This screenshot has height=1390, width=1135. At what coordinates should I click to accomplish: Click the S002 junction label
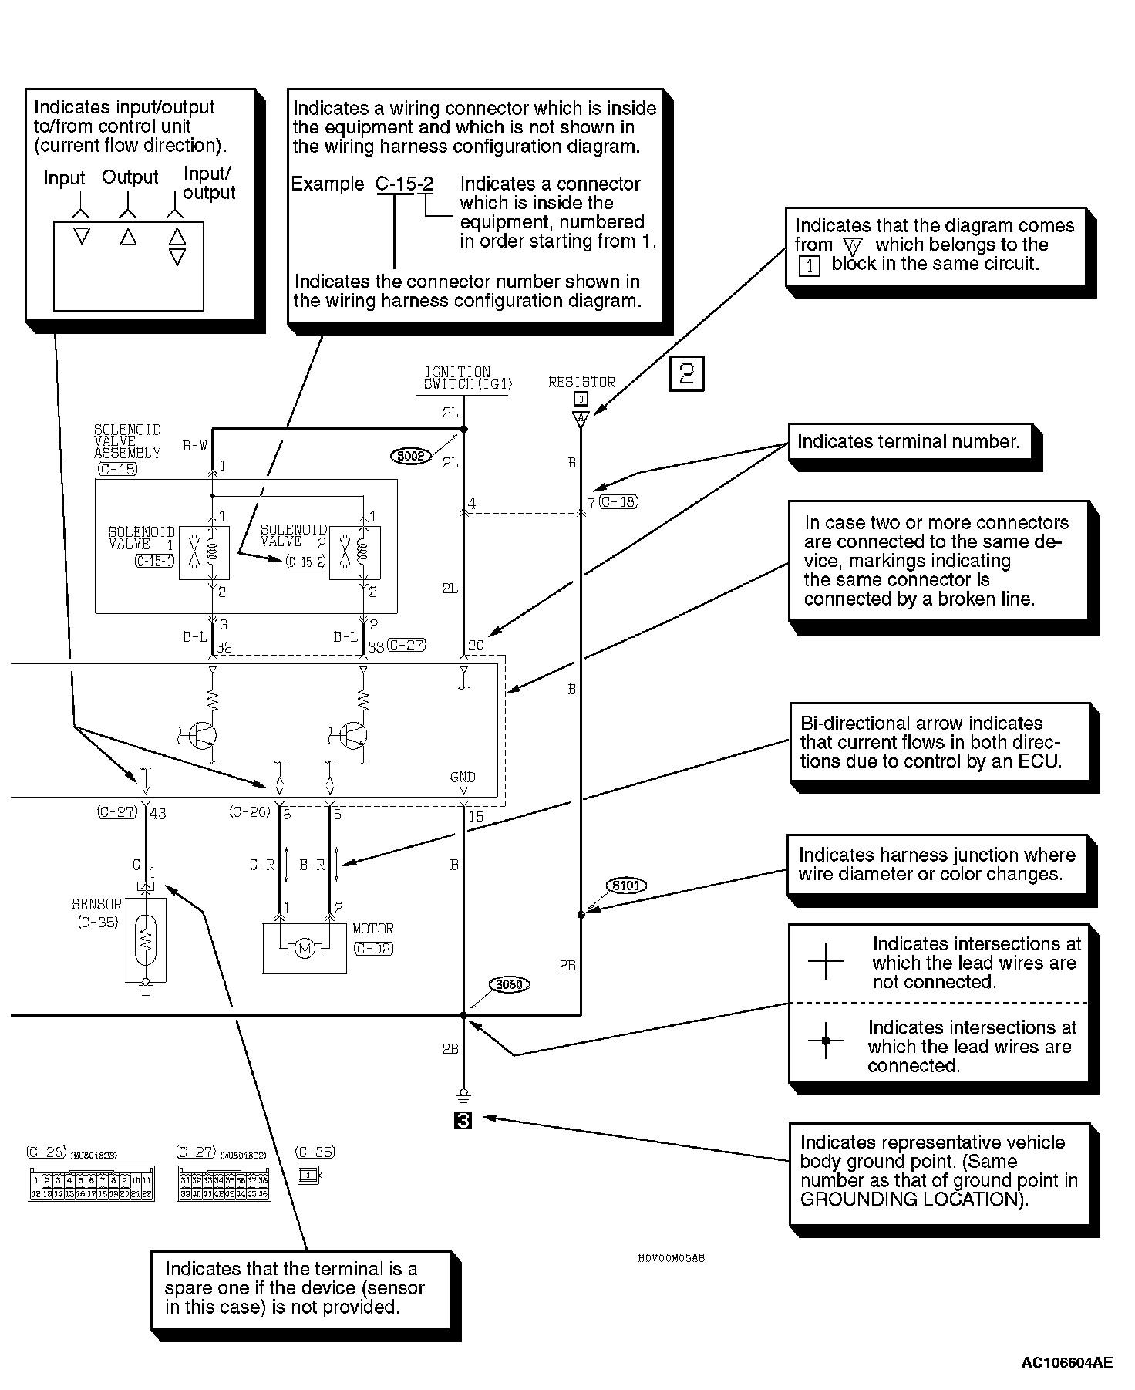pyautogui.click(x=410, y=456)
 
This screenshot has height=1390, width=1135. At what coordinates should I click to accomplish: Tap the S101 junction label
pyautogui.click(x=625, y=886)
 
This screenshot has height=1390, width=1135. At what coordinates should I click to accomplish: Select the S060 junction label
pyautogui.click(x=510, y=984)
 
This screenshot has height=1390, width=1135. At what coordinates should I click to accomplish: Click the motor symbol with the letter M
pyautogui.click(x=305, y=948)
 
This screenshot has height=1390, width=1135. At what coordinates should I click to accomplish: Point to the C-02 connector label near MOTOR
pyautogui.click(x=373, y=948)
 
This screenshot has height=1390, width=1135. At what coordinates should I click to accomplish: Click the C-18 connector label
pyautogui.click(x=618, y=502)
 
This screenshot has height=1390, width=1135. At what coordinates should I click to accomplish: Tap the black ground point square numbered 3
pyautogui.click(x=463, y=1120)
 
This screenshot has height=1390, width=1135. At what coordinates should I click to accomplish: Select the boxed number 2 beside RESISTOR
pyautogui.click(x=686, y=375)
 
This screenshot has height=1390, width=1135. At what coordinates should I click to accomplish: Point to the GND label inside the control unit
pyautogui.click(x=463, y=777)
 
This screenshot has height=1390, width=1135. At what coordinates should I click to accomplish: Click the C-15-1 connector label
pyautogui.click(x=154, y=562)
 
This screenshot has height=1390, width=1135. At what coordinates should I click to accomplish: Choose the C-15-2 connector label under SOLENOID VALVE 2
pyautogui.click(x=305, y=562)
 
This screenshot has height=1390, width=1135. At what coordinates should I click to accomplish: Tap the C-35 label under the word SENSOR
pyautogui.click(x=98, y=921)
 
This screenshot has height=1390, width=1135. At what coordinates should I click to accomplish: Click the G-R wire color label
pyautogui.click(x=262, y=865)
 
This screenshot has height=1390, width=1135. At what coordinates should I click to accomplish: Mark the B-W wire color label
pyautogui.click(x=194, y=445)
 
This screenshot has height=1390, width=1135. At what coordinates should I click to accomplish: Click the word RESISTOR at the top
pyautogui.click(x=581, y=382)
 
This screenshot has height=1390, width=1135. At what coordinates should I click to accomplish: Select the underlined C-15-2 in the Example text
pyautogui.click(x=404, y=184)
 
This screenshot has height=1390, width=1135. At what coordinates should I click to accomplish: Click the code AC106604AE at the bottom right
pyautogui.click(x=1066, y=1363)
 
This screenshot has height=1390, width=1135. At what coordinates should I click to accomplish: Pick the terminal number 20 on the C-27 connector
pyautogui.click(x=476, y=646)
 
